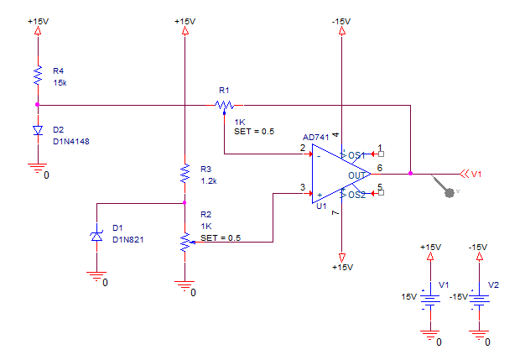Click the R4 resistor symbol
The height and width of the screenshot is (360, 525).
click(38, 75)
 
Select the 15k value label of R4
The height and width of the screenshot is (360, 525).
click(60, 83)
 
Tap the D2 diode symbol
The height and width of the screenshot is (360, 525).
click(38, 130)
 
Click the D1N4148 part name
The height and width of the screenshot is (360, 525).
click(71, 142)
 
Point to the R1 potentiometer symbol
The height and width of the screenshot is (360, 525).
click(224, 106)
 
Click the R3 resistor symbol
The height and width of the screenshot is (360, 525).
click(185, 174)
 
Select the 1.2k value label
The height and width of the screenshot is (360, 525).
click(209, 181)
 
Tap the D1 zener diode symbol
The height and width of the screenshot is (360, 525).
click(96, 237)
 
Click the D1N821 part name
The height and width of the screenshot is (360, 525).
click(128, 240)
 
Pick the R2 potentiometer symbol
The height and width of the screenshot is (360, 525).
click(185, 243)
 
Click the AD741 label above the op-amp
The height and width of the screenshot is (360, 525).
click(315, 138)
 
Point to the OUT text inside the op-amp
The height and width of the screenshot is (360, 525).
click(356, 175)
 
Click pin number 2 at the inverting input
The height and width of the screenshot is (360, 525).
click(303, 148)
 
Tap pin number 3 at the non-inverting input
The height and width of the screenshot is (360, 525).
click(303, 187)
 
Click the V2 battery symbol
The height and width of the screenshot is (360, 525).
click(479, 300)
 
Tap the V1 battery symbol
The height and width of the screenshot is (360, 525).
click(430, 300)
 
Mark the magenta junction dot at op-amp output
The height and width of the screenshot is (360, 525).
click(410, 174)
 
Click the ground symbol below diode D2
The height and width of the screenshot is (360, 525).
click(38, 168)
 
